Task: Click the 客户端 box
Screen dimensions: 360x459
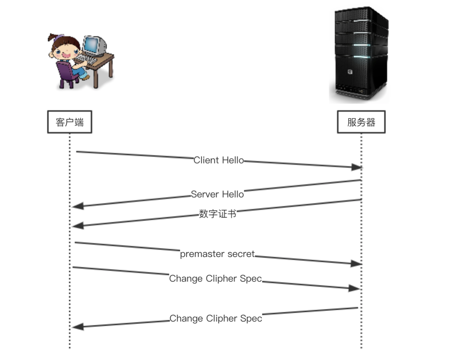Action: (x=69, y=122)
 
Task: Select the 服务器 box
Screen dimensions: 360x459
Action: (x=361, y=122)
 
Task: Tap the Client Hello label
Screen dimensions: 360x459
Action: (x=218, y=160)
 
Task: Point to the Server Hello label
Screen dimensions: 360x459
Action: (x=217, y=194)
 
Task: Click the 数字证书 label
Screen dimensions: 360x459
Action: (x=218, y=214)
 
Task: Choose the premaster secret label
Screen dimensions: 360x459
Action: (x=217, y=254)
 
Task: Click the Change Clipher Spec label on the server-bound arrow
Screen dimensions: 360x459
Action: (x=216, y=279)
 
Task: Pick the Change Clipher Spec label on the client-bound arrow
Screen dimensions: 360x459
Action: (x=216, y=319)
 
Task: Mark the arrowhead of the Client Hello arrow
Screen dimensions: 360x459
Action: (x=356, y=167)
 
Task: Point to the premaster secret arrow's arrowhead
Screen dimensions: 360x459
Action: (x=356, y=264)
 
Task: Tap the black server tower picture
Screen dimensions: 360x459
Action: (x=359, y=54)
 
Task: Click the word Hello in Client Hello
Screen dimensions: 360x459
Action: (x=233, y=160)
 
